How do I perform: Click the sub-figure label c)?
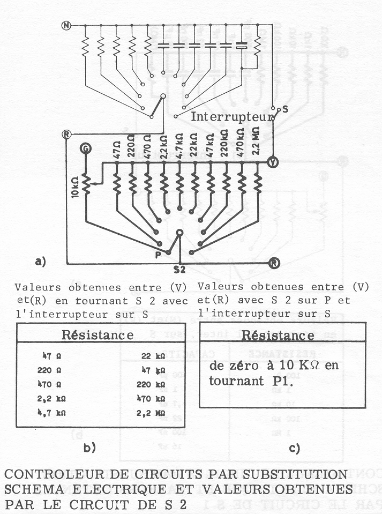point(294,447)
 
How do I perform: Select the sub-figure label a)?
point(41,261)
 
